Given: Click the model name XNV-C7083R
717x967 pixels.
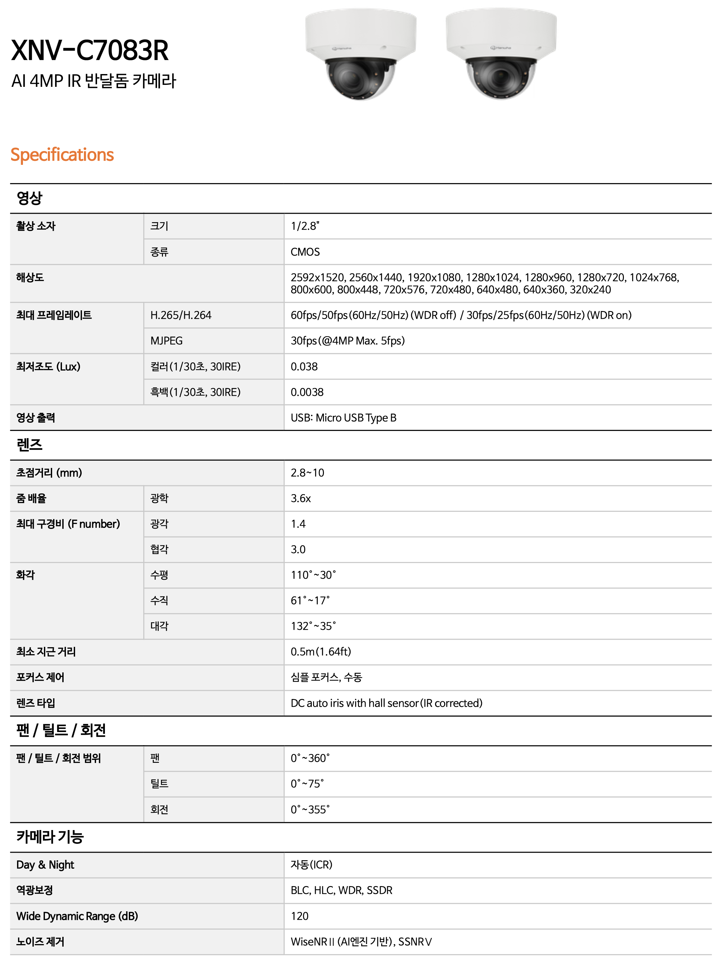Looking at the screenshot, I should tap(90, 50).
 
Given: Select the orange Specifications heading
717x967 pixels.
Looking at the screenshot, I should tap(62, 155).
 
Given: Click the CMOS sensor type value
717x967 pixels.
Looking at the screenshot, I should tap(305, 252).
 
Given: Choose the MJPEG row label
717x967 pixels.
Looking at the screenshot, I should tap(166, 341).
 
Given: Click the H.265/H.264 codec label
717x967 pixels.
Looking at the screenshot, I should tap(181, 315).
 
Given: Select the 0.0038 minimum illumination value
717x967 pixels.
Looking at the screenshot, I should tap(307, 392).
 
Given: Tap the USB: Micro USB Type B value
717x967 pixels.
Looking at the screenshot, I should tap(343, 418).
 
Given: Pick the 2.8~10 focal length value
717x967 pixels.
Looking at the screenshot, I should tap(307, 473).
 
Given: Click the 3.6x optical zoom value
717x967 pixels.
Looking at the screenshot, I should tap(301, 498).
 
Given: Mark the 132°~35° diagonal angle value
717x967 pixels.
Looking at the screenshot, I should tap(313, 626).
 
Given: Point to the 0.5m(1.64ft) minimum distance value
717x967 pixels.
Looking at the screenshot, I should tap(321, 652).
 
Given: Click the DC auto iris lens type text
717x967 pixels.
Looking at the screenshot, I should tap(386, 703).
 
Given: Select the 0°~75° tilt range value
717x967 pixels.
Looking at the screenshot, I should tap(307, 784).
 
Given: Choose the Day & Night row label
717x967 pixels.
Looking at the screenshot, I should tap(45, 865).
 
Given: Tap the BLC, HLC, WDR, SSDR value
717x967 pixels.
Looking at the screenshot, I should tap(342, 890).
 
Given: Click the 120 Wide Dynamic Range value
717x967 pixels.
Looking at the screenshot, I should tap(299, 916).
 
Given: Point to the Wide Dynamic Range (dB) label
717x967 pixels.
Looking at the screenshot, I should tap(77, 916).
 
